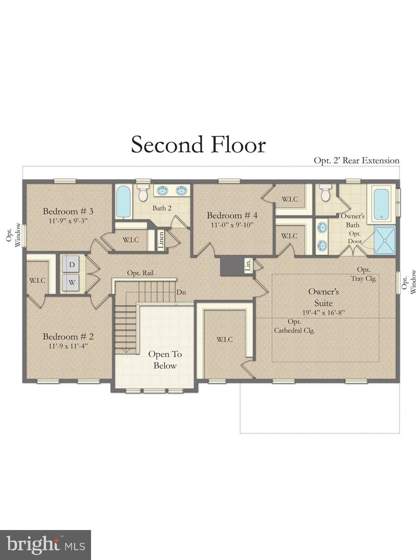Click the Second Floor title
click(198, 144)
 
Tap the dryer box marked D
click(72, 264)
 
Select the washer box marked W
click(72, 282)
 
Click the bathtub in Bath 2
click(124, 202)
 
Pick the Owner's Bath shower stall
click(385, 240)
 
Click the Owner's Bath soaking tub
click(381, 204)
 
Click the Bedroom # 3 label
click(68, 211)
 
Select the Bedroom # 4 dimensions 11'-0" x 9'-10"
click(232, 225)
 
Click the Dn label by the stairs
click(181, 292)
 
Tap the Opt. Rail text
click(140, 273)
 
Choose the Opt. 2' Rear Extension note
click(356, 160)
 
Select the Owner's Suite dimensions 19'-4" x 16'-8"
click(323, 312)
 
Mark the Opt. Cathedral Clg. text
click(294, 326)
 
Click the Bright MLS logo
click(45, 545)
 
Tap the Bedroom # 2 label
click(68, 337)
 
